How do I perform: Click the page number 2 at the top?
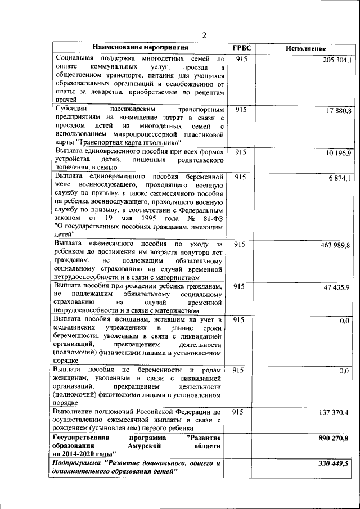[205, 35]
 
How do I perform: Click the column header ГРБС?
[242, 48]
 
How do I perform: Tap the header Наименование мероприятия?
[140, 48]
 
